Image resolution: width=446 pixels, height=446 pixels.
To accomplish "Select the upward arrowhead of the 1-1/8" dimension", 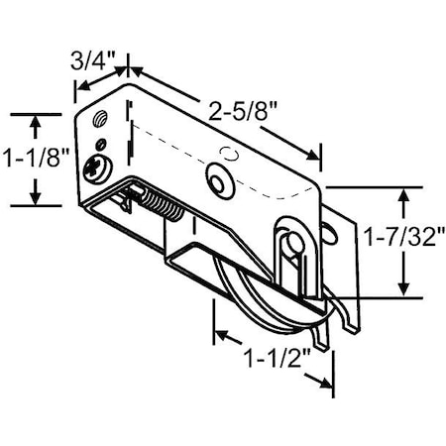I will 36,121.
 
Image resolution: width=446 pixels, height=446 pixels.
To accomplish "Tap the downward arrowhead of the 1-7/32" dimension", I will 402,289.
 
